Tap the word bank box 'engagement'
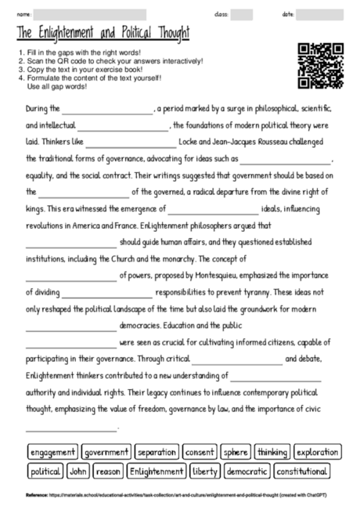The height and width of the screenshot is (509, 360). point(53,453)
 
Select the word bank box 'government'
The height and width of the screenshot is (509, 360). point(106,453)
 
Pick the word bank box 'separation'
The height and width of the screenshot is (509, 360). point(157,453)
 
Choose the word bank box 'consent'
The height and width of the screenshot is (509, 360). point(200,453)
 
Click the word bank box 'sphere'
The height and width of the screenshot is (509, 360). point(235,453)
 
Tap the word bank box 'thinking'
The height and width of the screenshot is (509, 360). point(272,453)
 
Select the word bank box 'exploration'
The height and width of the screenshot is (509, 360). point(317,453)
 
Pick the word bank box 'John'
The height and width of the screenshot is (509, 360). point(78,471)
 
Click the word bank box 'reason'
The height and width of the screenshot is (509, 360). point(108,471)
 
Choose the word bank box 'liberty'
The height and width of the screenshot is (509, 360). point(205,471)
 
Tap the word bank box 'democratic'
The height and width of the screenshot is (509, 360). point(247,471)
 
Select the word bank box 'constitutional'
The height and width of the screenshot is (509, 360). point(302,471)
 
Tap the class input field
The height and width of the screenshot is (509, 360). point(242,14)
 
